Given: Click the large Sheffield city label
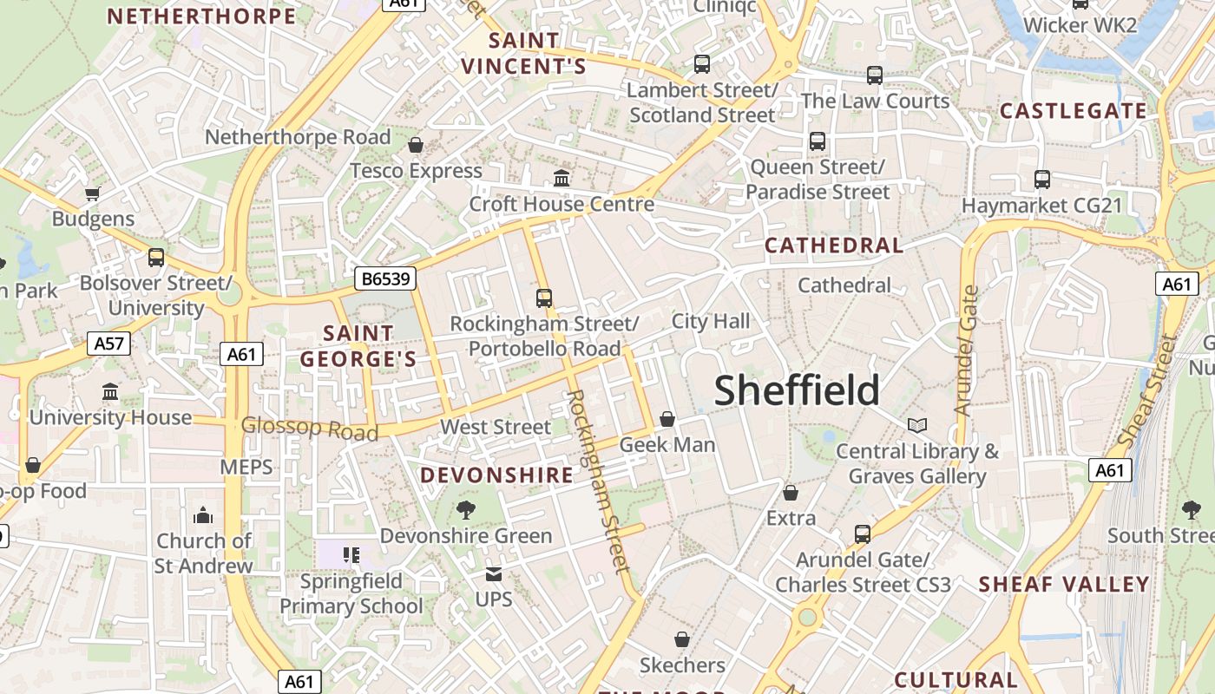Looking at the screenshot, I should [x=797, y=390].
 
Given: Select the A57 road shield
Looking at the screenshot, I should [x=109, y=344].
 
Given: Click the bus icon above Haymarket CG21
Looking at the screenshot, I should [x=1042, y=180].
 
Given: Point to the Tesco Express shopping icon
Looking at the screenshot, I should [x=416, y=145].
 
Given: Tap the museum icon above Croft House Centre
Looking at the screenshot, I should [x=562, y=179].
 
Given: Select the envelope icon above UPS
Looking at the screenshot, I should [x=494, y=573].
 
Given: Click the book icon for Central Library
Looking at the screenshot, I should [x=917, y=425].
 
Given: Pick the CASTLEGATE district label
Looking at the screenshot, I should [x=1074, y=111].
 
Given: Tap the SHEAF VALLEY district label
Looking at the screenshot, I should [x=1064, y=585].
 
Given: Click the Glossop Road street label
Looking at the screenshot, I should [x=310, y=428].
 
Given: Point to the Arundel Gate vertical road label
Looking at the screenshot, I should [x=966, y=350].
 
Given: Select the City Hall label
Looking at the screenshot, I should [x=711, y=321].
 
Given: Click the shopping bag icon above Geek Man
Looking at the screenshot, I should [x=667, y=419].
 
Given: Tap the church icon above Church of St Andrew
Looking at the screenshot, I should [x=203, y=515].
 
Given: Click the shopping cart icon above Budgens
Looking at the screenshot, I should [x=93, y=193].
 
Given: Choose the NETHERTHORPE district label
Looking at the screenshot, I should [x=201, y=16].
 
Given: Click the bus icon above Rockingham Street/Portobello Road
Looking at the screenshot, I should [x=544, y=298].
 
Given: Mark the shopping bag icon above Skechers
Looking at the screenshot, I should [x=682, y=639].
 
